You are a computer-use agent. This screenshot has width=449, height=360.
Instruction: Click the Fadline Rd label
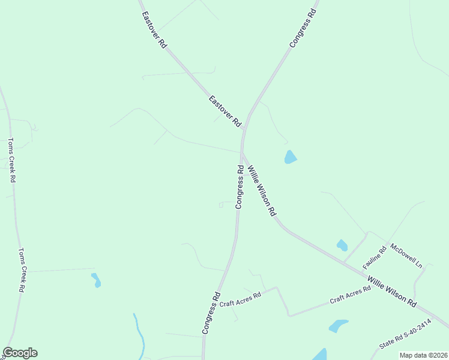(373, 257)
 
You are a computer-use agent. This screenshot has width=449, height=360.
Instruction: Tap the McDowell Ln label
(406, 256)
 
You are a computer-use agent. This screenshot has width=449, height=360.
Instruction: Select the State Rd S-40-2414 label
(405, 335)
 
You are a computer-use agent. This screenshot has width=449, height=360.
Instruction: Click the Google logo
(20, 353)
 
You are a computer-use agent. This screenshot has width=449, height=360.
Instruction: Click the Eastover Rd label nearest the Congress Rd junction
(224, 111)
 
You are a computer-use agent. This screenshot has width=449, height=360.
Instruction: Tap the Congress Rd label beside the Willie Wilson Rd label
(240, 187)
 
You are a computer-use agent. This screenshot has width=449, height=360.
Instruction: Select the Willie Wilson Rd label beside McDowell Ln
(392, 292)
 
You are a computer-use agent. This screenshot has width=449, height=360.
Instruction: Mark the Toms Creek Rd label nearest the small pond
(21, 270)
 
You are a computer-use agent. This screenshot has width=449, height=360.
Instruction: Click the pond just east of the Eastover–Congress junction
(291, 157)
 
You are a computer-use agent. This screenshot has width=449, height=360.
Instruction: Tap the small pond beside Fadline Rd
(342, 245)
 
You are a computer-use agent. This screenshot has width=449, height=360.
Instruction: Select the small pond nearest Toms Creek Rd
(95, 280)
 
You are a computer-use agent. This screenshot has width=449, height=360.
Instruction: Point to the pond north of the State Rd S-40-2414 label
(338, 325)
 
